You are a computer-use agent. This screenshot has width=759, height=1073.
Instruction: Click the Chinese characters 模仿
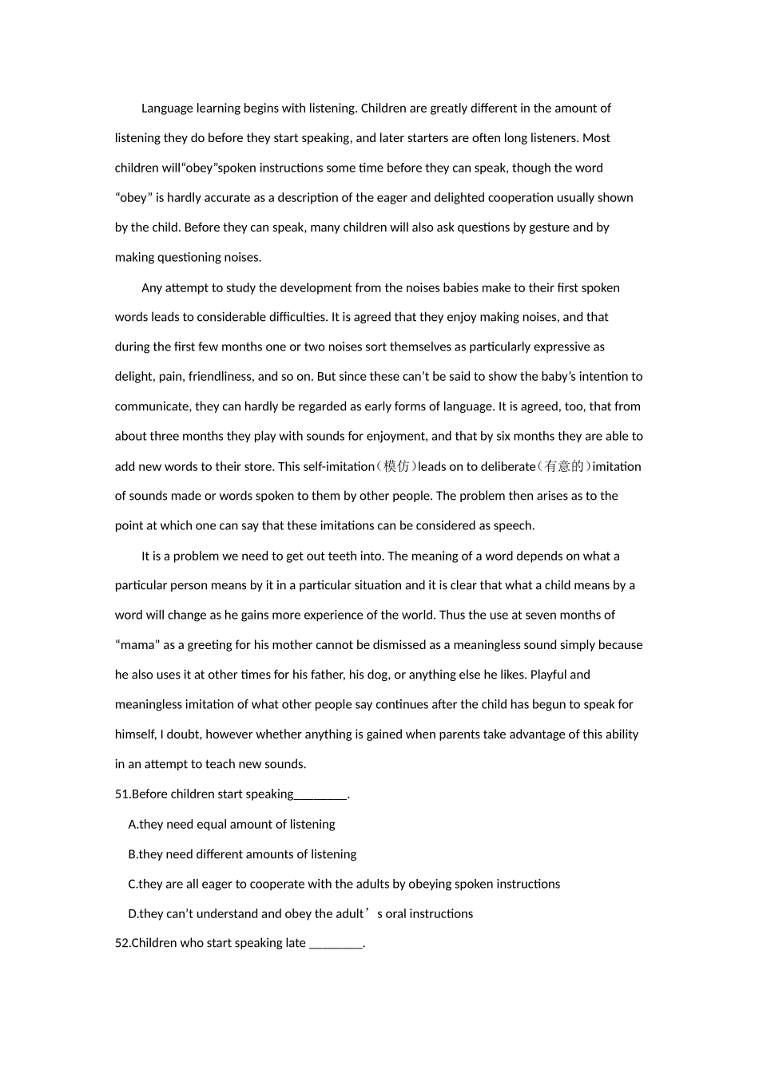[396, 466]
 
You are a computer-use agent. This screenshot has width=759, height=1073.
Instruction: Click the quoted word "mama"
[136, 645]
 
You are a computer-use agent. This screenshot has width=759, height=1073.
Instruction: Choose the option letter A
[133, 825]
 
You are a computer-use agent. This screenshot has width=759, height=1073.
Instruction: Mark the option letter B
[133, 854]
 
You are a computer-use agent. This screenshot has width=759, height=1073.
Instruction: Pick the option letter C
[133, 884]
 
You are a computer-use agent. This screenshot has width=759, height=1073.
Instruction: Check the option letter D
[133, 914]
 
